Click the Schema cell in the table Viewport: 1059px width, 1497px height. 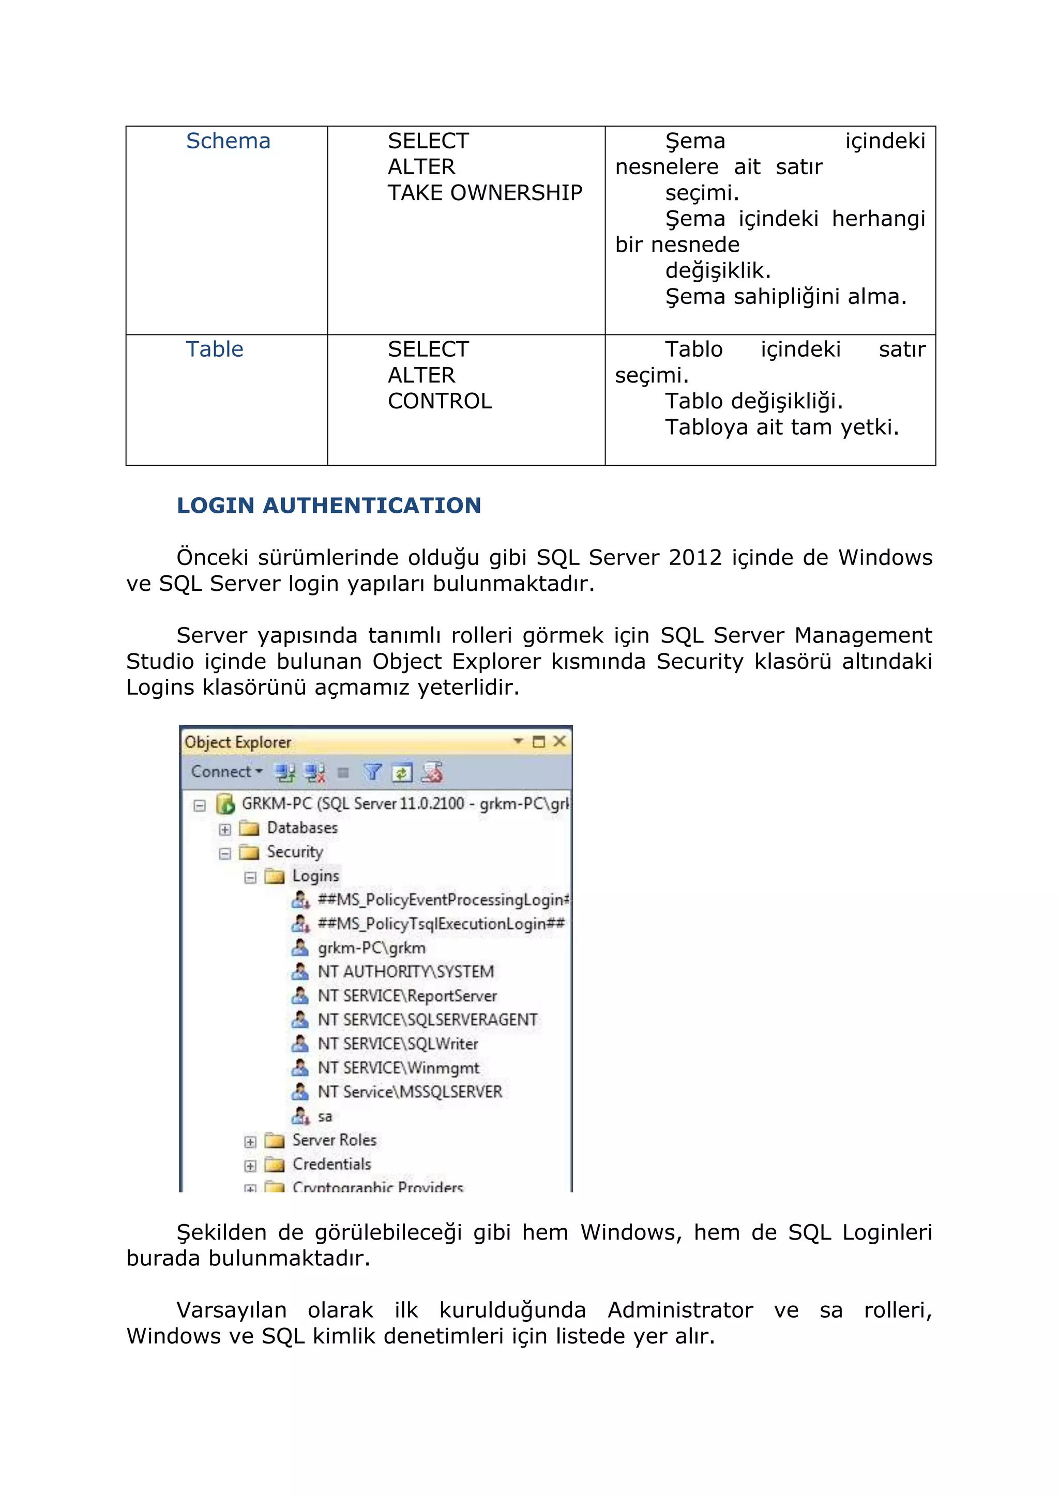tap(228, 141)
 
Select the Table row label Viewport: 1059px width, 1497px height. tap(215, 349)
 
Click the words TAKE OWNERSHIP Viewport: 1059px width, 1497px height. tap(485, 193)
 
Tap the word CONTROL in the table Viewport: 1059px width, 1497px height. tap(440, 401)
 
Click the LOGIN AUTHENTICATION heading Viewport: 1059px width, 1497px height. tap(329, 506)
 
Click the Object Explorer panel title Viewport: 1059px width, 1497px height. tap(238, 742)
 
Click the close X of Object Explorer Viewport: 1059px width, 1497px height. tap(559, 741)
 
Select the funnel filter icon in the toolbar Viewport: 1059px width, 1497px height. tap(372, 773)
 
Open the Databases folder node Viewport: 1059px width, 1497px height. tap(302, 828)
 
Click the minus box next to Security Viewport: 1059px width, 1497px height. tap(225, 853)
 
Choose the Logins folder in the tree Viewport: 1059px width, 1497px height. tap(315, 876)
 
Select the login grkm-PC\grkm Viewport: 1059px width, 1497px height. tap(371, 948)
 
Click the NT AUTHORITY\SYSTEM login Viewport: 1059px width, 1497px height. tap(405, 972)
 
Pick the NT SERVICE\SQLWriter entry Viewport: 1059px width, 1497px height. tap(398, 1044)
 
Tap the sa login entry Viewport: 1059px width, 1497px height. tap(324, 1116)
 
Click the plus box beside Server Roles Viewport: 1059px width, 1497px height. tap(250, 1142)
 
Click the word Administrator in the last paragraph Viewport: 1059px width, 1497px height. tap(680, 1310)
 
